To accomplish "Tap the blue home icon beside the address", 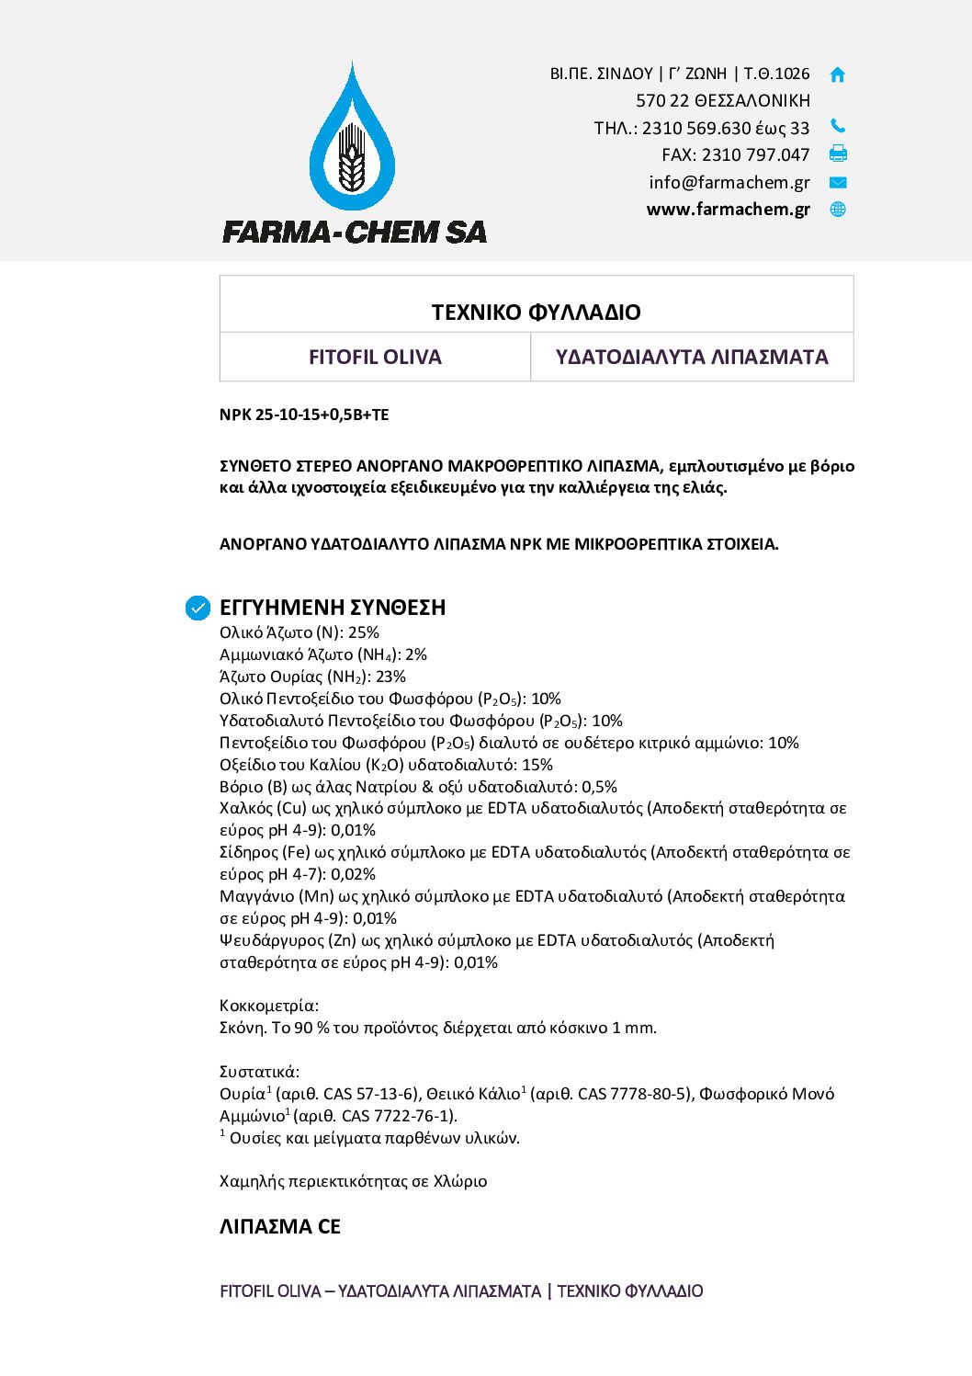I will [837, 74].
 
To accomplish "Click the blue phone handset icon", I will [838, 126].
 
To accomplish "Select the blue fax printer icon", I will [838, 154].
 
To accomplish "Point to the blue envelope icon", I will [838, 182].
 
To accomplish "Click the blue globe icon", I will [838, 210].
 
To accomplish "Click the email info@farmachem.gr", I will [729, 182].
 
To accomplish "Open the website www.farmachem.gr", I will [728, 210].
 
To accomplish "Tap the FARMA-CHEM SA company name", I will [355, 233].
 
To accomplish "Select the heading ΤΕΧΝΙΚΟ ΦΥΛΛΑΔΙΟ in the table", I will [536, 313].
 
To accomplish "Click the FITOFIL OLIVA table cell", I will [375, 357].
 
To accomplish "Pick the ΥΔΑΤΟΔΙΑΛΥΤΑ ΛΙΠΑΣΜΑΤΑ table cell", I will [692, 357].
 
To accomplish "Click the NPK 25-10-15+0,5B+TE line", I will [304, 415].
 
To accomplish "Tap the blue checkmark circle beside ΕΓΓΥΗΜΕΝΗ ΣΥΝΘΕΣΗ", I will [198, 608].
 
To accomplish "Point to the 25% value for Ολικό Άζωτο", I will [364, 632].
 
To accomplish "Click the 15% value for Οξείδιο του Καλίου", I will [537, 765].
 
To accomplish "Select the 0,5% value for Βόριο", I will [599, 787].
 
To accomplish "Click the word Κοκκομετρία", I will [269, 1006].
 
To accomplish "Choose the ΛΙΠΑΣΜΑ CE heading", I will [280, 1227].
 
